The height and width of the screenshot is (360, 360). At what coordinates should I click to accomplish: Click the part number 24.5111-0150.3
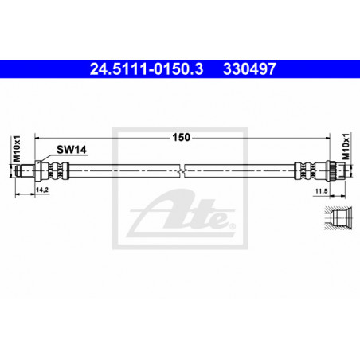(x=147, y=68)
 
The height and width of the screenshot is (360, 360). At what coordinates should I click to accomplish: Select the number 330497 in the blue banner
(x=250, y=68)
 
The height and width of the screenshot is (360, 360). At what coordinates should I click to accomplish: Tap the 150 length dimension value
(x=182, y=137)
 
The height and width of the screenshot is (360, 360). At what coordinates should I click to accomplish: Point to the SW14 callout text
(x=72, y=150)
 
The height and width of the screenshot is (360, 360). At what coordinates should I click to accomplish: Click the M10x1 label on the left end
(x=17, y=148)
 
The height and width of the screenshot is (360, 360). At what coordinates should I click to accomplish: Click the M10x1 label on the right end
(x=346, y=147)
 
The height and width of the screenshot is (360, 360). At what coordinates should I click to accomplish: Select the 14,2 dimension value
(x=42, y=190)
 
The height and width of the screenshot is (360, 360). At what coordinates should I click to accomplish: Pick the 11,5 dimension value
(x=321, y=191)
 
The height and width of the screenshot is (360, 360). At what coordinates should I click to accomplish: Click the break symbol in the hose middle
(x=182, y=170)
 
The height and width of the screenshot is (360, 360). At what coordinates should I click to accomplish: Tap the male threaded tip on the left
(x=25, y=171)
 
